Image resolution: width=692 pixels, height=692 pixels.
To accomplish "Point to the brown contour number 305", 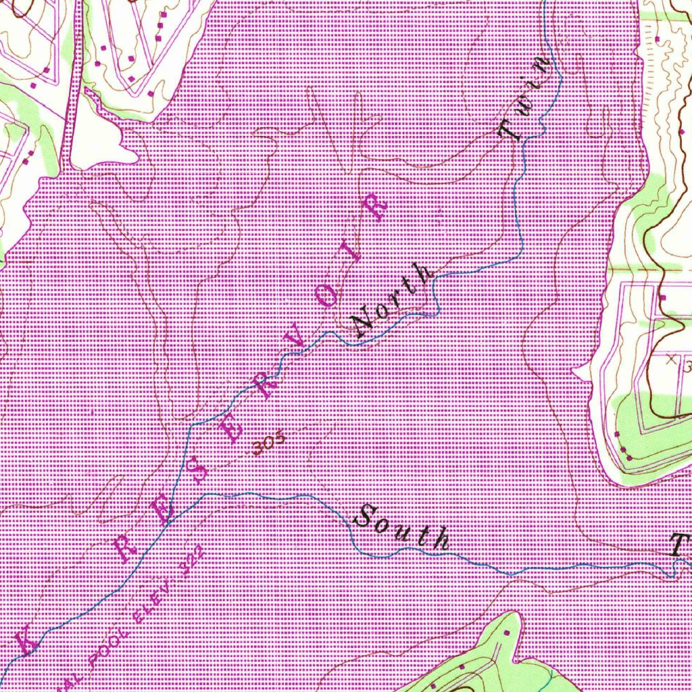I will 270,443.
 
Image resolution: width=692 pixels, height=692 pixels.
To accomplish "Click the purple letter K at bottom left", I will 27,638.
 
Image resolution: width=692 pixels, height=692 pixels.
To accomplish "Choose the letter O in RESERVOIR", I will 329,295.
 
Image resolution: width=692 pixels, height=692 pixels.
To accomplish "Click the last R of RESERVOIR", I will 375,208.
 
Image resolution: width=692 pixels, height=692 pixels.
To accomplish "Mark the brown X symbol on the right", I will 670,360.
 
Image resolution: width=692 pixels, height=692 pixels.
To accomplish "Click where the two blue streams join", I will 168,521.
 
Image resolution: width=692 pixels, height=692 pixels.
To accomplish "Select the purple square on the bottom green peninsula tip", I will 507,633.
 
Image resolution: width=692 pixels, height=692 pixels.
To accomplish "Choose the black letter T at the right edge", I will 679,545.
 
